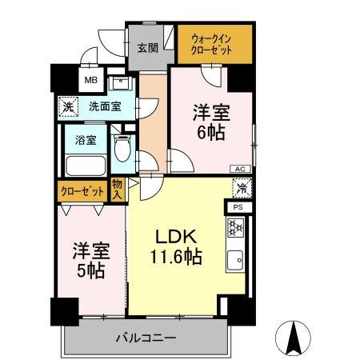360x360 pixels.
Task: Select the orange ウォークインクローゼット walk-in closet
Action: pos(214,44)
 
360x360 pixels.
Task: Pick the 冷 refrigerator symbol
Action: pos(239,189)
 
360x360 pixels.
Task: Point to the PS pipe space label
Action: pos(238,207)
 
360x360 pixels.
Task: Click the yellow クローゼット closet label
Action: pos(82,191)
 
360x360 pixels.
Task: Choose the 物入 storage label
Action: pos(118,190)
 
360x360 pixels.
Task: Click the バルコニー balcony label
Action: pos(149,339)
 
